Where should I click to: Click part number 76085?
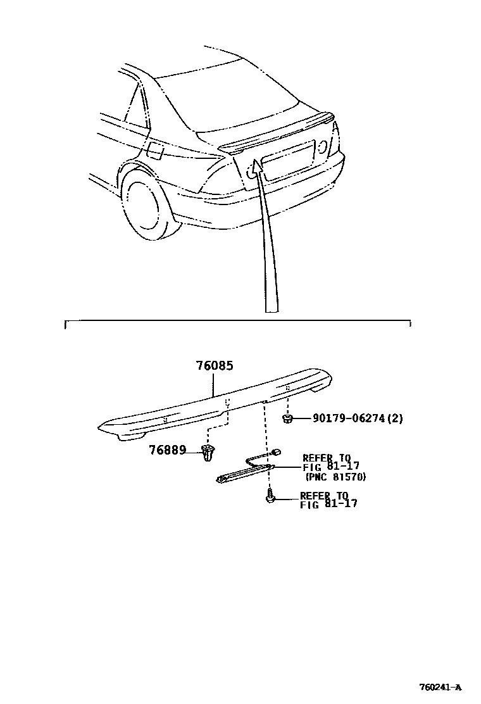point(215,366)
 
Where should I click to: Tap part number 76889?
point(167,450)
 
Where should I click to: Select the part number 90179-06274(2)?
point(357,418)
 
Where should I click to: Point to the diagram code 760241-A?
point(440,688)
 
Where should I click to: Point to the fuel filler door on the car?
point(155,151)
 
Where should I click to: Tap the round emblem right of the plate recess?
point(323,146)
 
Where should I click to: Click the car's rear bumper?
point(266,203)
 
